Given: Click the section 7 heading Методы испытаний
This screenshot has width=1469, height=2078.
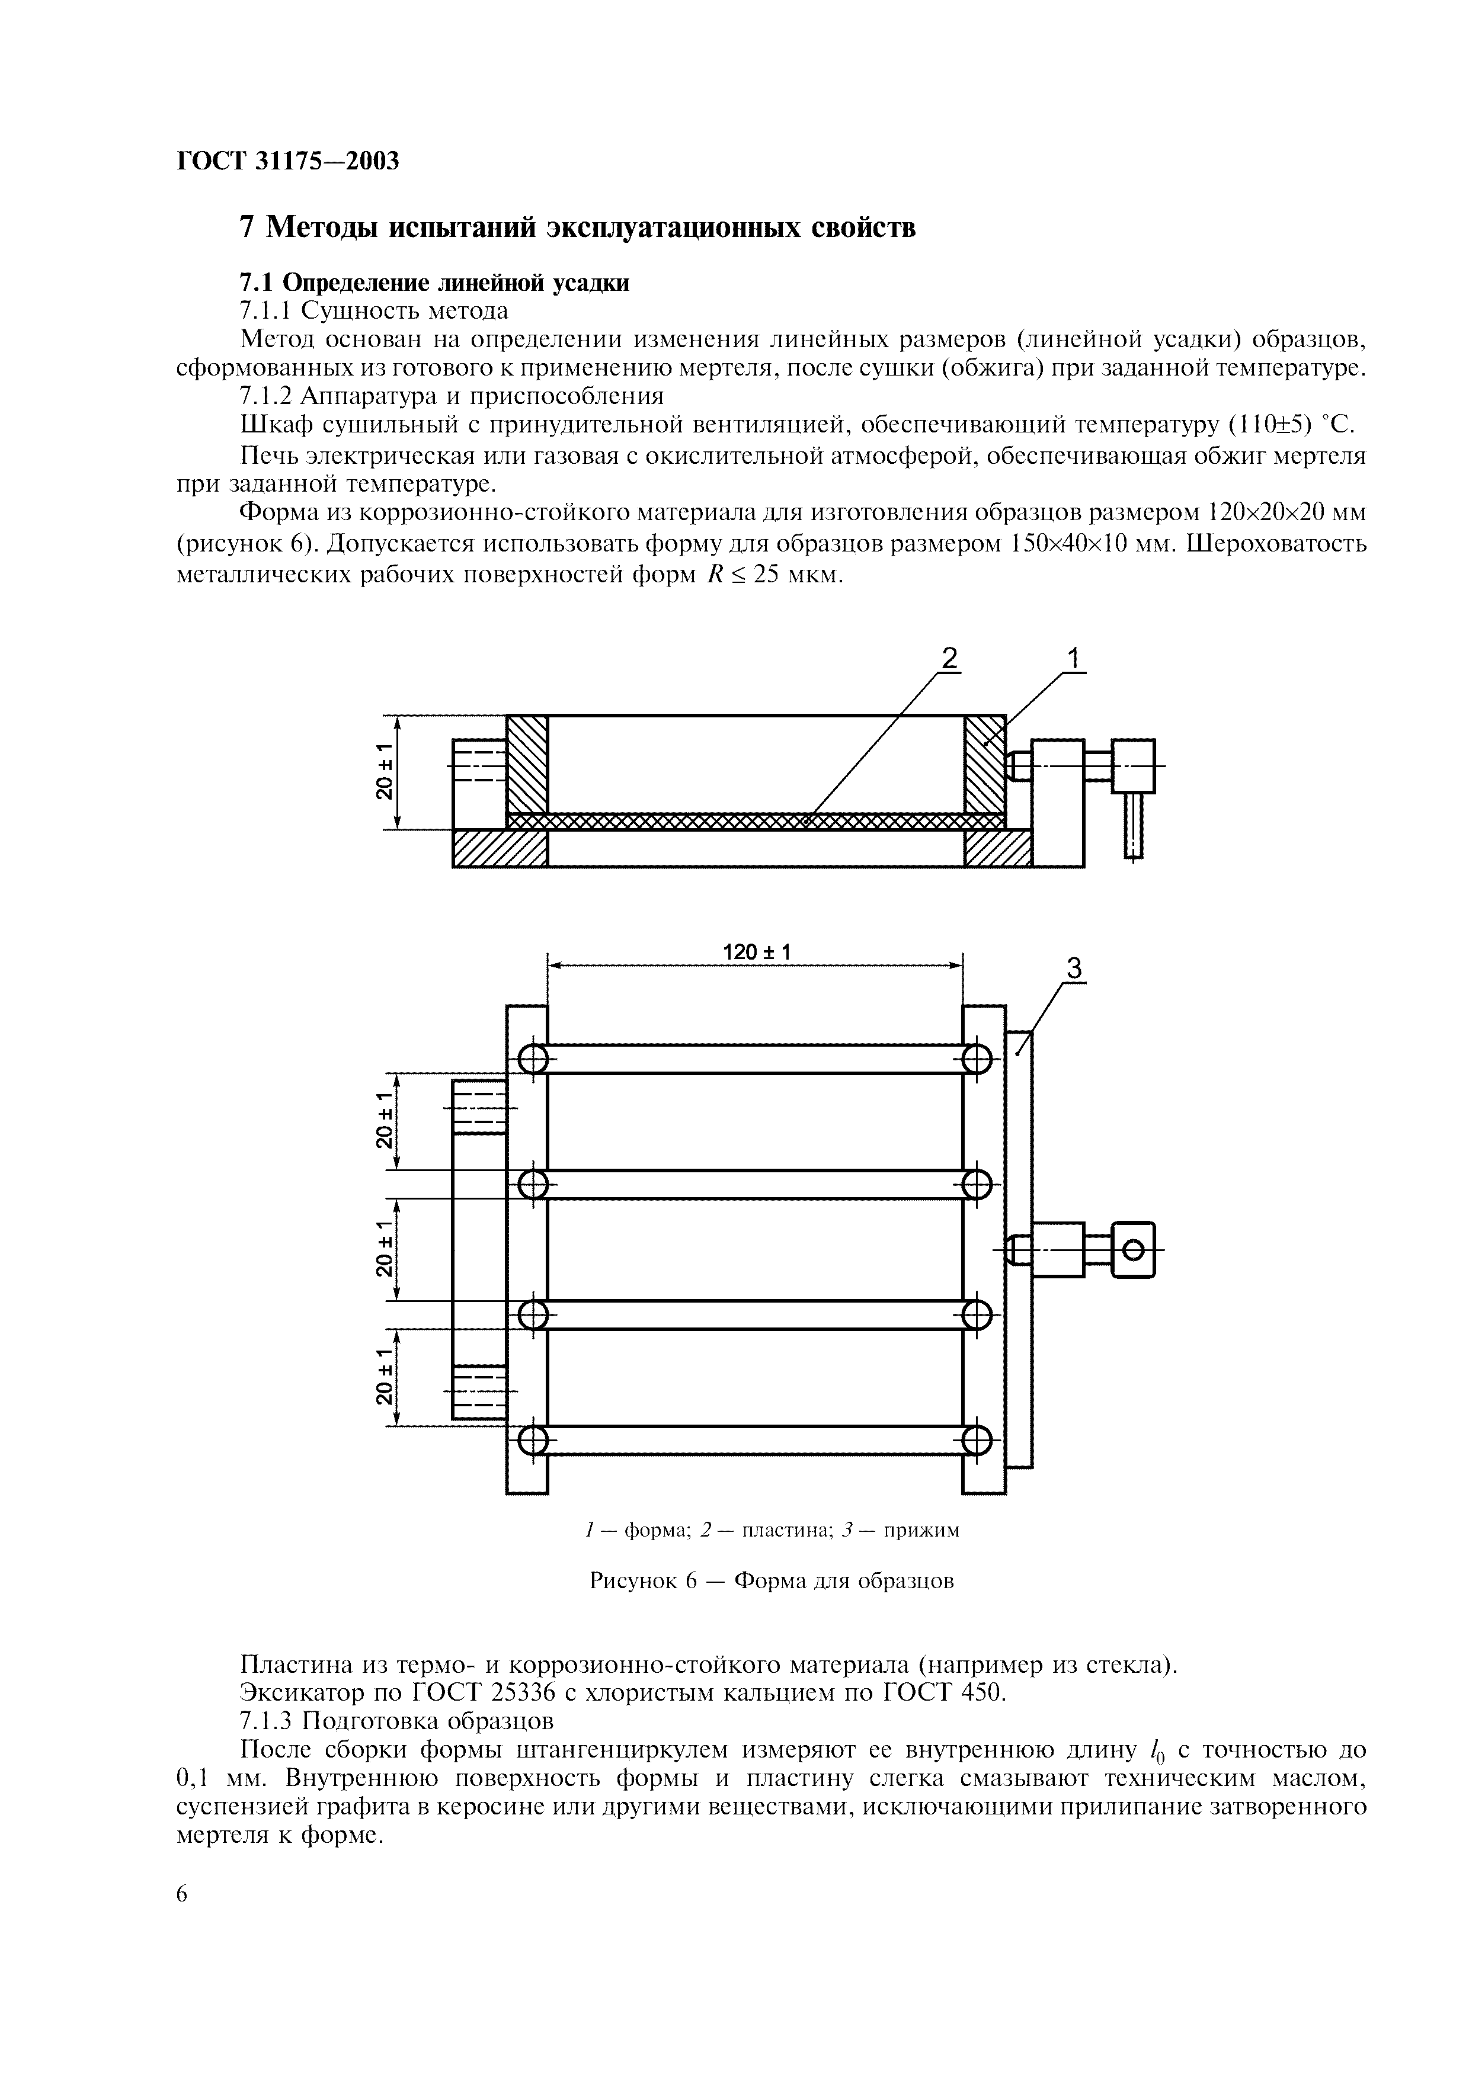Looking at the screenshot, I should point(577,226).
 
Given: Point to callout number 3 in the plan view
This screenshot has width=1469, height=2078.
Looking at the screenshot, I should point(1074,969).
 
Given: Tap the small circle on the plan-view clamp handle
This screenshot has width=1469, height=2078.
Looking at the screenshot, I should point(1132,1251).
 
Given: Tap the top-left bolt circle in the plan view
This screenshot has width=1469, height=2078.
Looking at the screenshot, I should point(533,1059).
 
